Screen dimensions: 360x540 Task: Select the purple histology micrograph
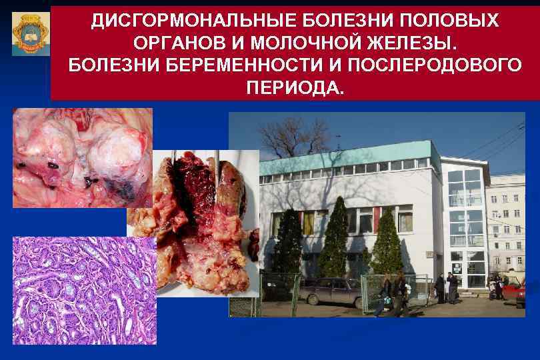tap(84, 290)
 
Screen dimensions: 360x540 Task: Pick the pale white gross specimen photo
tap(82, 157)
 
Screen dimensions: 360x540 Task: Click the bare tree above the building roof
tap(287, 137)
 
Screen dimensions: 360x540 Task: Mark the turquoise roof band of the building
tap(347, 161)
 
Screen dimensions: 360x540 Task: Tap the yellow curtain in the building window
tap(309, 223)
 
